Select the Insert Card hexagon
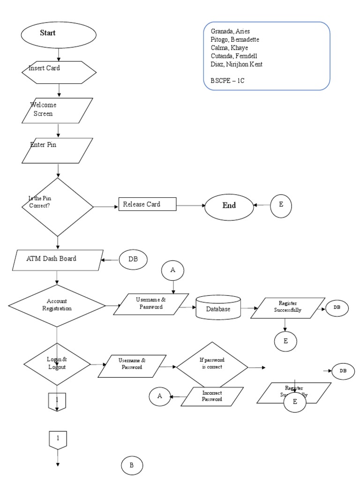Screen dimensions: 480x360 [59, 72]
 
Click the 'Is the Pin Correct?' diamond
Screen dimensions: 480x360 [58, 206]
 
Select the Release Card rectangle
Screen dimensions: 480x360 [147, 204]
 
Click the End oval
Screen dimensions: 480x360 [229, 205]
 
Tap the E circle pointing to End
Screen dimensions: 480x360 [281, 205]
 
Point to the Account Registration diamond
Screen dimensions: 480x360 [57, 306]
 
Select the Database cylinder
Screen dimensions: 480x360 [218, 308]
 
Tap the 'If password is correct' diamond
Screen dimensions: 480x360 [211, 364]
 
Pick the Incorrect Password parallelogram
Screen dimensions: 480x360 [212, 396]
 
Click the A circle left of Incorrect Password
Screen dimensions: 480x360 [159, 397]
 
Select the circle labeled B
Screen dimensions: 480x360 [132, 465]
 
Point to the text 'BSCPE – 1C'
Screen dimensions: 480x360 [227, 81]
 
